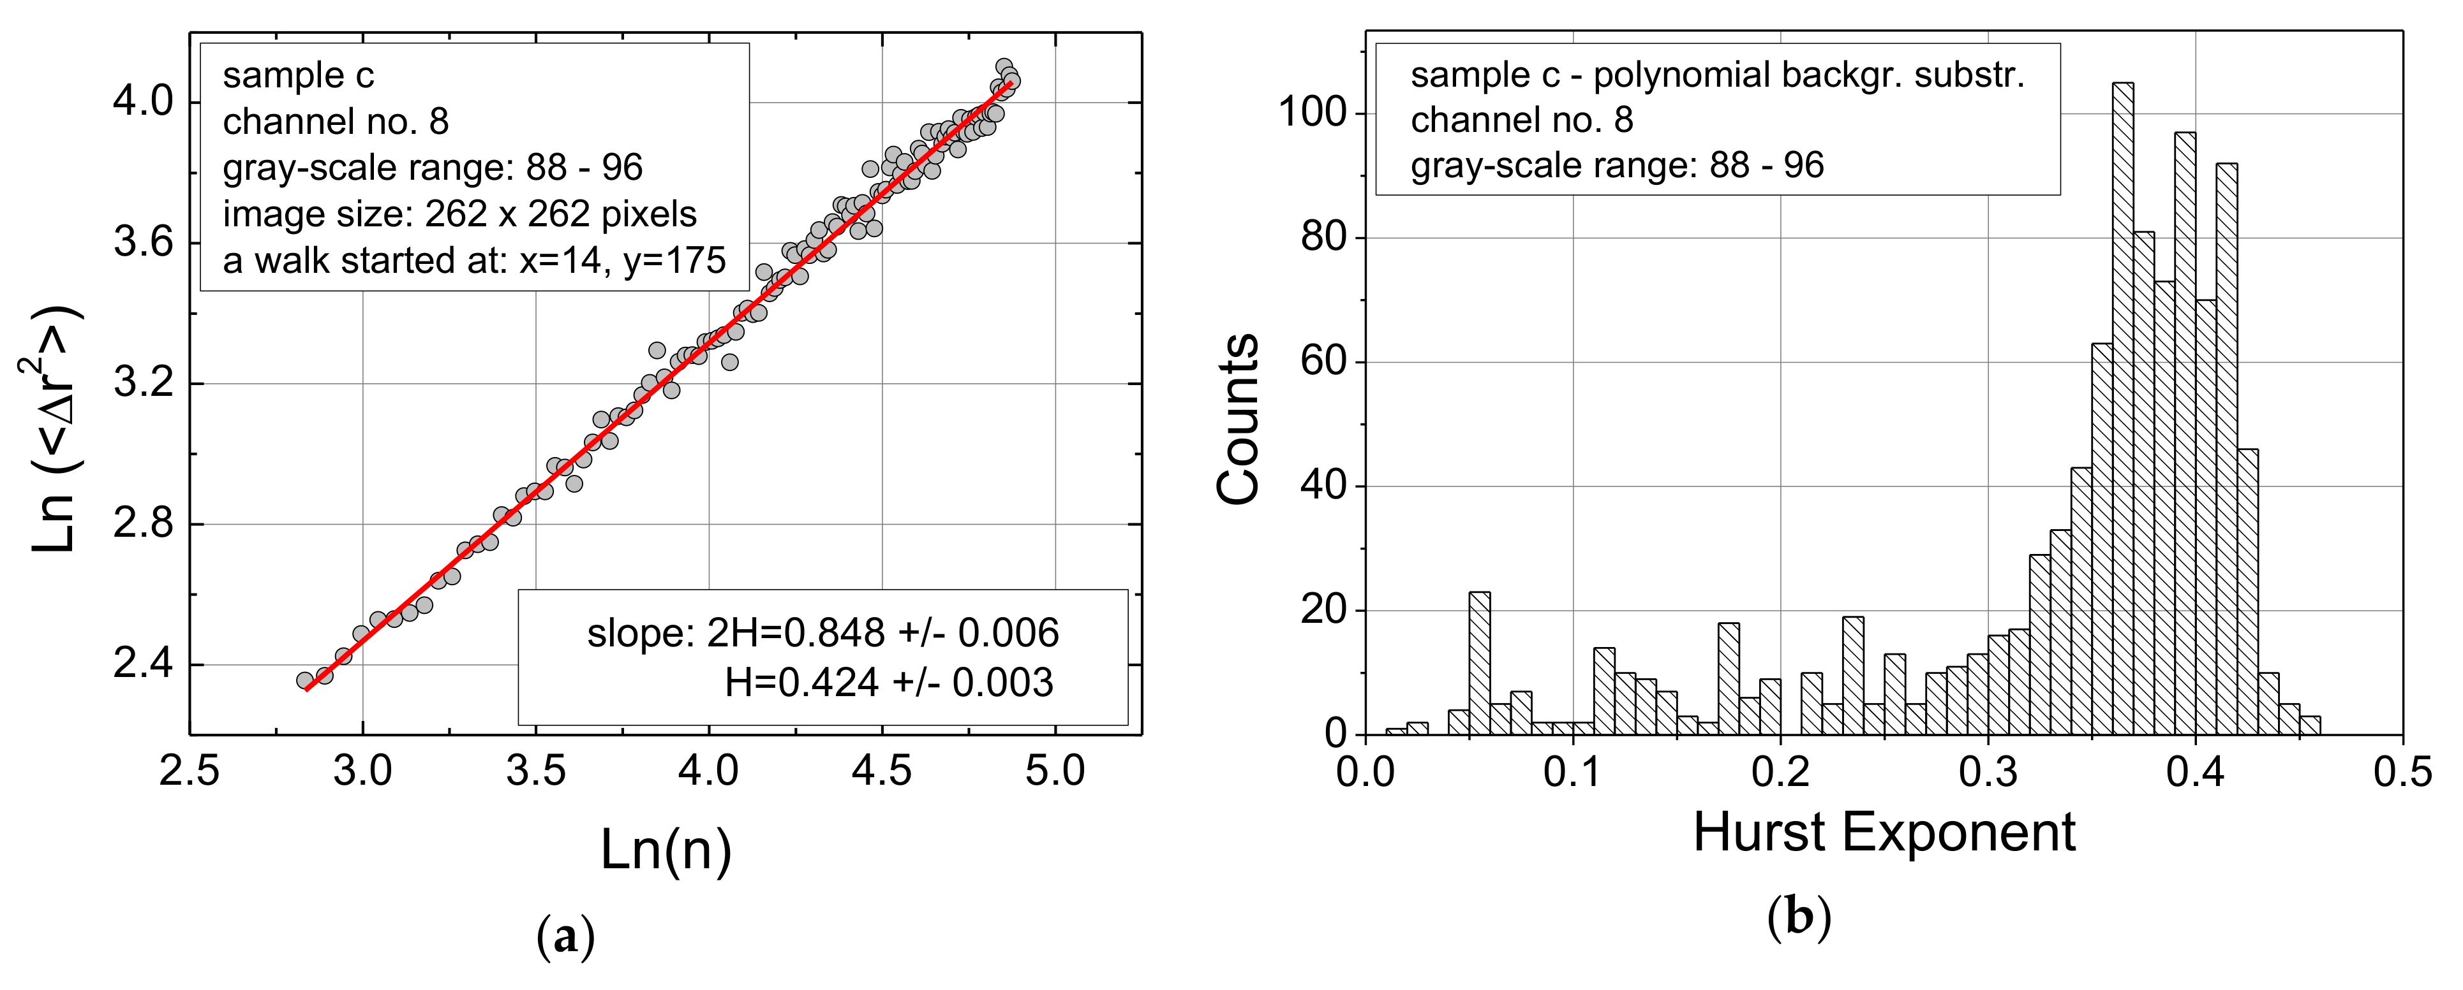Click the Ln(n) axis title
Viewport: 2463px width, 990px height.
[666, 848]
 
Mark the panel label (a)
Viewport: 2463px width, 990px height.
[566, 936]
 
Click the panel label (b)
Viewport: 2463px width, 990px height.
[1799, 917]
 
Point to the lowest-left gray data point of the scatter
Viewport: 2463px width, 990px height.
[305, 680]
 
